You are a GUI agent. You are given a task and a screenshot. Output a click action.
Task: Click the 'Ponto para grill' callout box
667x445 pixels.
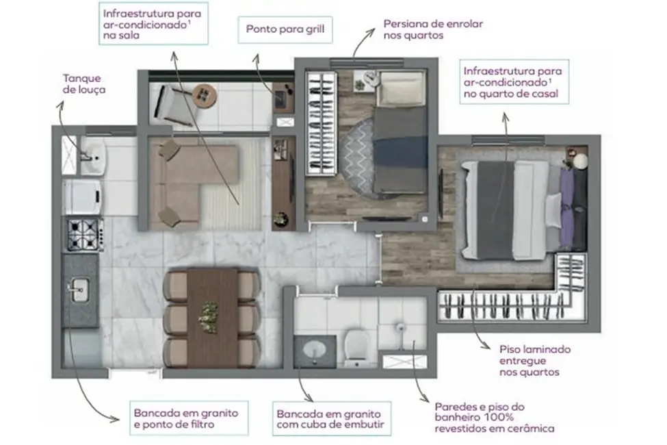289,30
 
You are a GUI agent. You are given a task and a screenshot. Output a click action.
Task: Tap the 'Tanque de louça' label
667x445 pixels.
84,84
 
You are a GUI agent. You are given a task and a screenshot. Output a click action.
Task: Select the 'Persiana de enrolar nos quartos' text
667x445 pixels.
433,29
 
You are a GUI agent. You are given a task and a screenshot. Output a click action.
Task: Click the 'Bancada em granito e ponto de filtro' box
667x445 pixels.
186,419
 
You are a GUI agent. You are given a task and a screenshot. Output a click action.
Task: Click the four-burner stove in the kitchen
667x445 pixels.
83,234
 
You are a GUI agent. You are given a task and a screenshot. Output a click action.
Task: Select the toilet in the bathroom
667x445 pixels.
356,342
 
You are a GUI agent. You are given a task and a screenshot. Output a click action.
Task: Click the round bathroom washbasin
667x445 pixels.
313,351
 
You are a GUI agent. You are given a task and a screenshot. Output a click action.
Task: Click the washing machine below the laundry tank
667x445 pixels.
83,196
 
